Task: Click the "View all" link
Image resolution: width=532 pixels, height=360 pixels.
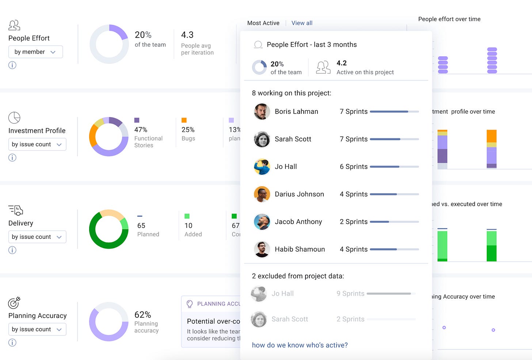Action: pos(302,23)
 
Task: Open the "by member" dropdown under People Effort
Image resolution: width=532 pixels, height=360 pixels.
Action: pos(35,52)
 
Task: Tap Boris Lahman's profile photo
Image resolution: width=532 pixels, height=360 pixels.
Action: pos(262,112)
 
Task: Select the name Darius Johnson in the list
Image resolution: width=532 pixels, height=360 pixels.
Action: pos(299,194)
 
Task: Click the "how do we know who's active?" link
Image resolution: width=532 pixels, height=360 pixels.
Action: pos(300,345)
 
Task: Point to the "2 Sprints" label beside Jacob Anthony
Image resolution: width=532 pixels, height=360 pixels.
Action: pos(353,222)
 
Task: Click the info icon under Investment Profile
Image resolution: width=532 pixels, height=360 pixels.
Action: pos(12,158)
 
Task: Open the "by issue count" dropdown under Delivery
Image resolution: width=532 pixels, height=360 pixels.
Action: pos(37,237)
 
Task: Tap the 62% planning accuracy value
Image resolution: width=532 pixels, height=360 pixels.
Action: pos(142,315)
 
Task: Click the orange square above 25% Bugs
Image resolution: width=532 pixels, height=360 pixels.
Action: pos(184,120)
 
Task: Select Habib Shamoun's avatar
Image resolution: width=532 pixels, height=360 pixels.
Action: pos(262,249)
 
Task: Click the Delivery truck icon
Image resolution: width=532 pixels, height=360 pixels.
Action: pos(16,210)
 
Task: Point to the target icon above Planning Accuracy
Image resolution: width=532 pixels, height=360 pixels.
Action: pos(14,302)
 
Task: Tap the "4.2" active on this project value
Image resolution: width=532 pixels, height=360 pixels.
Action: pos(342,63)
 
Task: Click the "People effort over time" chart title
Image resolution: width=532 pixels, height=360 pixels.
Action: pos(449,19)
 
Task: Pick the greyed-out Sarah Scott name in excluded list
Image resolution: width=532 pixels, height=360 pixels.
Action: pos(290,319)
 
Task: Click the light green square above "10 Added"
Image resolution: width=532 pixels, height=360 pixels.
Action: pos(187,216)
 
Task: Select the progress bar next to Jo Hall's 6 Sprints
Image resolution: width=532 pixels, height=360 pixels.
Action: pos(394,167)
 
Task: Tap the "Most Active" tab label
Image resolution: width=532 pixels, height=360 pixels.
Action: pos(263,23)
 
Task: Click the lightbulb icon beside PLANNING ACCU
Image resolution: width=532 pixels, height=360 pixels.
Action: pos(190,304)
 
